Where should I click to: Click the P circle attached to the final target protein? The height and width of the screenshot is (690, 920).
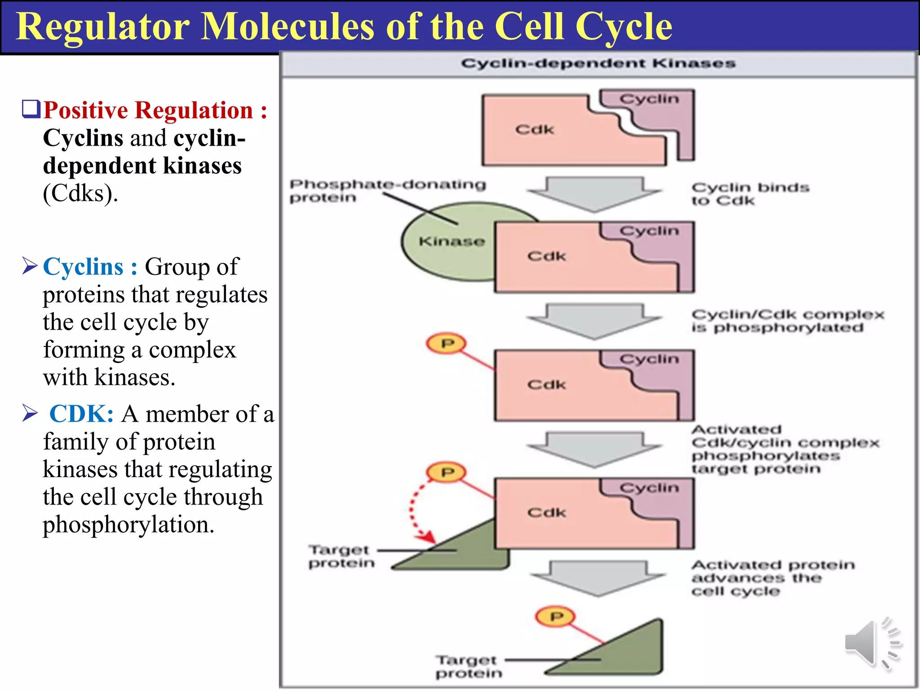[x=556, y=617]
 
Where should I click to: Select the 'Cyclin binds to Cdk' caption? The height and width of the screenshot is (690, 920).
[x=749, y=194]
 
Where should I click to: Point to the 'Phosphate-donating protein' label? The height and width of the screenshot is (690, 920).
[x=386, y=190]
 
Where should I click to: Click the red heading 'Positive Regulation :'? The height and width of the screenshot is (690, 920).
[x=155, y=111]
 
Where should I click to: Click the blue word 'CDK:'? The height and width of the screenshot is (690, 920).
[x=81, y=414]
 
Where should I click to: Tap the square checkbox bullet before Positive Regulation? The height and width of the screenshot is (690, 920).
[x=31, y=109]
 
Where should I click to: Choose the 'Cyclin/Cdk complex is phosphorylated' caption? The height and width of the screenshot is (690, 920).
[x=786, y=321]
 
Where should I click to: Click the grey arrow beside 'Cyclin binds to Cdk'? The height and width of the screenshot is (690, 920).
[x=594, y=194]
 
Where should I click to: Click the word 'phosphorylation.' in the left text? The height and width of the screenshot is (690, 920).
[x=128, y=525]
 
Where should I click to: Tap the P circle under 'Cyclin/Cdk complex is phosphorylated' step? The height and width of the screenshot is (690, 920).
[x=446, y=344]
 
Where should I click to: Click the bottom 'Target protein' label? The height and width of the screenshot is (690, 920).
[x=468, y=667]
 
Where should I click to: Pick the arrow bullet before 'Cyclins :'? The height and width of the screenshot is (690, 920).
[x=30, y=266]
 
